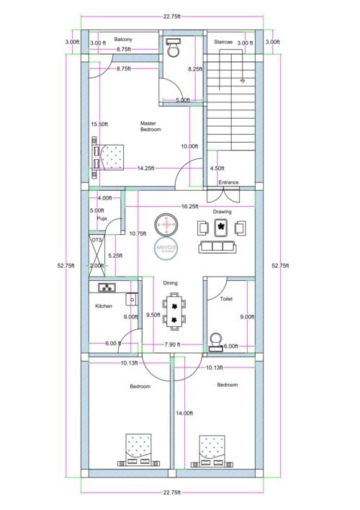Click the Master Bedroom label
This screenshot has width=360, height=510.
150,126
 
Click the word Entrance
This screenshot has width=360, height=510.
228,182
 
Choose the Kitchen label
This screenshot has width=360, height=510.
104,306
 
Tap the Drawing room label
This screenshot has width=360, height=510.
222,212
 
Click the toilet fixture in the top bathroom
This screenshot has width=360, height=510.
173,49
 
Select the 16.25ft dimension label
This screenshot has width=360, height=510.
189,206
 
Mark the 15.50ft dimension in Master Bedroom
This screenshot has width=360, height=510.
99,124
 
